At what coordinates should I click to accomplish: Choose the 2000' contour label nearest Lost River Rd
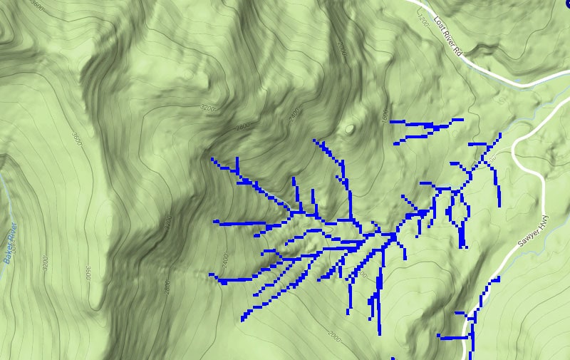tap(342, 48)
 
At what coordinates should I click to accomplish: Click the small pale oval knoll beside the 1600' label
tap(349, 129)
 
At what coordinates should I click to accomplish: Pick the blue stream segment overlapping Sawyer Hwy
tap(470, 328)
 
